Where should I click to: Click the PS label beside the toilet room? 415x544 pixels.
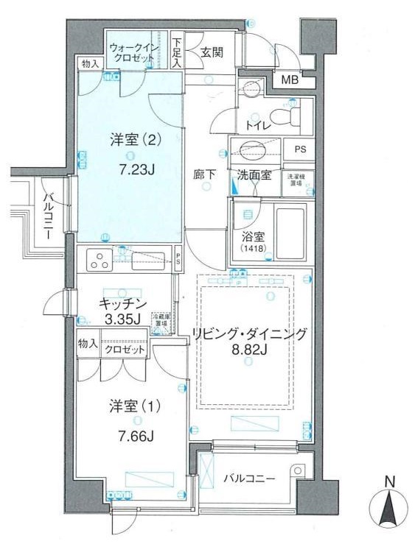(299, 148)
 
